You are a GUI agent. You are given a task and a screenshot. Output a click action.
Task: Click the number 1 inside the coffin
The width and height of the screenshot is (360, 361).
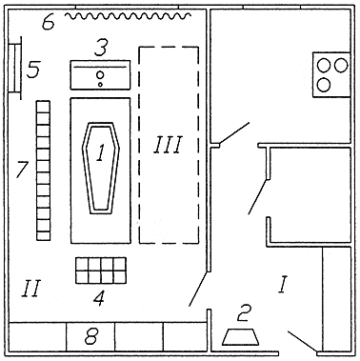click(x=100, y=152)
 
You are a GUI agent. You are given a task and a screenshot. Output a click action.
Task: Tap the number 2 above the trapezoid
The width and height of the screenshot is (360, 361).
click(x=245, y=313)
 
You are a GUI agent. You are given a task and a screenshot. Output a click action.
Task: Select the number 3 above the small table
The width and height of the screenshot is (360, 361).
click(x=101, y=48)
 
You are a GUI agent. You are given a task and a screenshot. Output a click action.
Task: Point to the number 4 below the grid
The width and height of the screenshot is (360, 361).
click(x=100, y=298)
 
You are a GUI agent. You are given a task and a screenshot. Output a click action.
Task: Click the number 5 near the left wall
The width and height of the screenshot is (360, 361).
click(x=33, y=70)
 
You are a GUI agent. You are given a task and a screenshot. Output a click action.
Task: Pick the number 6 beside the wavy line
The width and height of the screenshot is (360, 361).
click(x=49, y=23)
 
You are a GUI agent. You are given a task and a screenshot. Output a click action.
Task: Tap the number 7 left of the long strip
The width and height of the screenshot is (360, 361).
click(x=23, y=170)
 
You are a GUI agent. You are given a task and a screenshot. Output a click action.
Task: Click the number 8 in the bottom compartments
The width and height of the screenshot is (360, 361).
click(x=91, y=336)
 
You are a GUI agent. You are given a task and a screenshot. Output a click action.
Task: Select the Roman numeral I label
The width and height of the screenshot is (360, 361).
click(x=283, y=285)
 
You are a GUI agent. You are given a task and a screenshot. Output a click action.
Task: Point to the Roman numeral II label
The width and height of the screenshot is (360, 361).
click(x=31, y=289)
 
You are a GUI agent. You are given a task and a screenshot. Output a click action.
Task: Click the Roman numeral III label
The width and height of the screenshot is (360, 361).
click(x=168, y=145)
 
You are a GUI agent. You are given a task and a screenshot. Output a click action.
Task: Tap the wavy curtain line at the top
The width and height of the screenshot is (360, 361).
click(x=128, y=15)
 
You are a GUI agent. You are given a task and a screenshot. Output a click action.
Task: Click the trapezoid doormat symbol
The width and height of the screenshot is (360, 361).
click(x=240, y=337)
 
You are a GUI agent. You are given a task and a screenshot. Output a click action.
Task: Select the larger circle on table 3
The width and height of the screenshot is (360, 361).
click(x=100, y=75)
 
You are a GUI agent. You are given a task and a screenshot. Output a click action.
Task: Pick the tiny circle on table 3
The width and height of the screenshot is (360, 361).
click(x=100, y=85)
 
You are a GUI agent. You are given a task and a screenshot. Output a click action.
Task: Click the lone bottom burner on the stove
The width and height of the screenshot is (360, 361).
click(x=324, y=85)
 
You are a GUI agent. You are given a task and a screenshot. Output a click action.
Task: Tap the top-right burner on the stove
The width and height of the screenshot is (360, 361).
click(x=340, y=66)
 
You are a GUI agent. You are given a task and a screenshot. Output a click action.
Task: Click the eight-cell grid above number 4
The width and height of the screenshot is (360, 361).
click(x=101, y=271)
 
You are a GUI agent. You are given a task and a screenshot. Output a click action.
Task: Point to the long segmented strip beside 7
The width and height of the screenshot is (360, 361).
click(x=43, y=170)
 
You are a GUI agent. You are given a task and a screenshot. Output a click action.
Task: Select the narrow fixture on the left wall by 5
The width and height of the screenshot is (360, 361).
click(x=15, y=68)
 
